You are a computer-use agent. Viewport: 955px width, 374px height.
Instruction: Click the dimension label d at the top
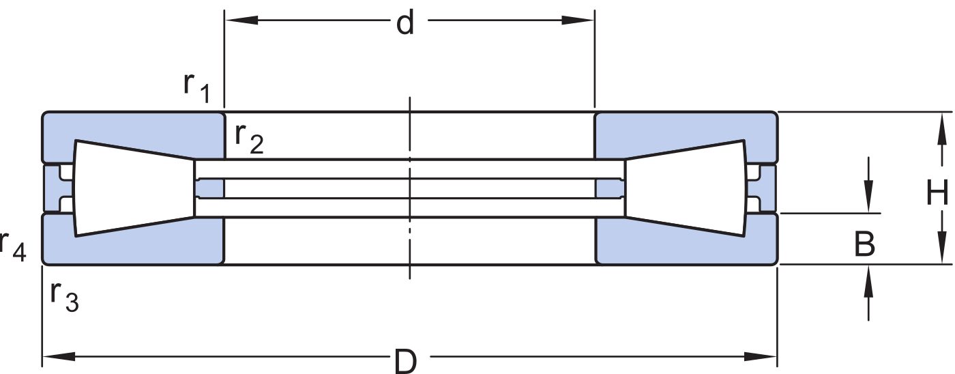405,23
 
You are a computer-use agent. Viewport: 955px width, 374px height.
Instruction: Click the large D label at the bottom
405,361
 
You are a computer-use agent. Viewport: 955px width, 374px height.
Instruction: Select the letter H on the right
937,192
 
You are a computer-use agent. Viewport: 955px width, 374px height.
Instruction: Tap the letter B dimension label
865,244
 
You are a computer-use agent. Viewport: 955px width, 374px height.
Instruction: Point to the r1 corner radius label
196,87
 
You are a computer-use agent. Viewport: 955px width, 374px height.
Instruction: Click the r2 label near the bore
249,139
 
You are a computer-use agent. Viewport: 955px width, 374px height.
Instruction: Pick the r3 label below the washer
64,296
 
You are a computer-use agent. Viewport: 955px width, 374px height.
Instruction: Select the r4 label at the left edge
13,246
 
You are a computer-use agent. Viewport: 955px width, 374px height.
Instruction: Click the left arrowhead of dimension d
241,20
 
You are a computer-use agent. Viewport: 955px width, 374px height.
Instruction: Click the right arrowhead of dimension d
578,20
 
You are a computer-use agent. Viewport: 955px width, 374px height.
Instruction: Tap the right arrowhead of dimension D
761,356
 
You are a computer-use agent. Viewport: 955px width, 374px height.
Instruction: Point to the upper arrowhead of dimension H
941,128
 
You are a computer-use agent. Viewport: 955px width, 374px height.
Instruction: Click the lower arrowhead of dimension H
941,248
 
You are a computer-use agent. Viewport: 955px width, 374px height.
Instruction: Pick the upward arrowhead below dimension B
868,281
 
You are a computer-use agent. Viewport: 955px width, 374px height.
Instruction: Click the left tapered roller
134,188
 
